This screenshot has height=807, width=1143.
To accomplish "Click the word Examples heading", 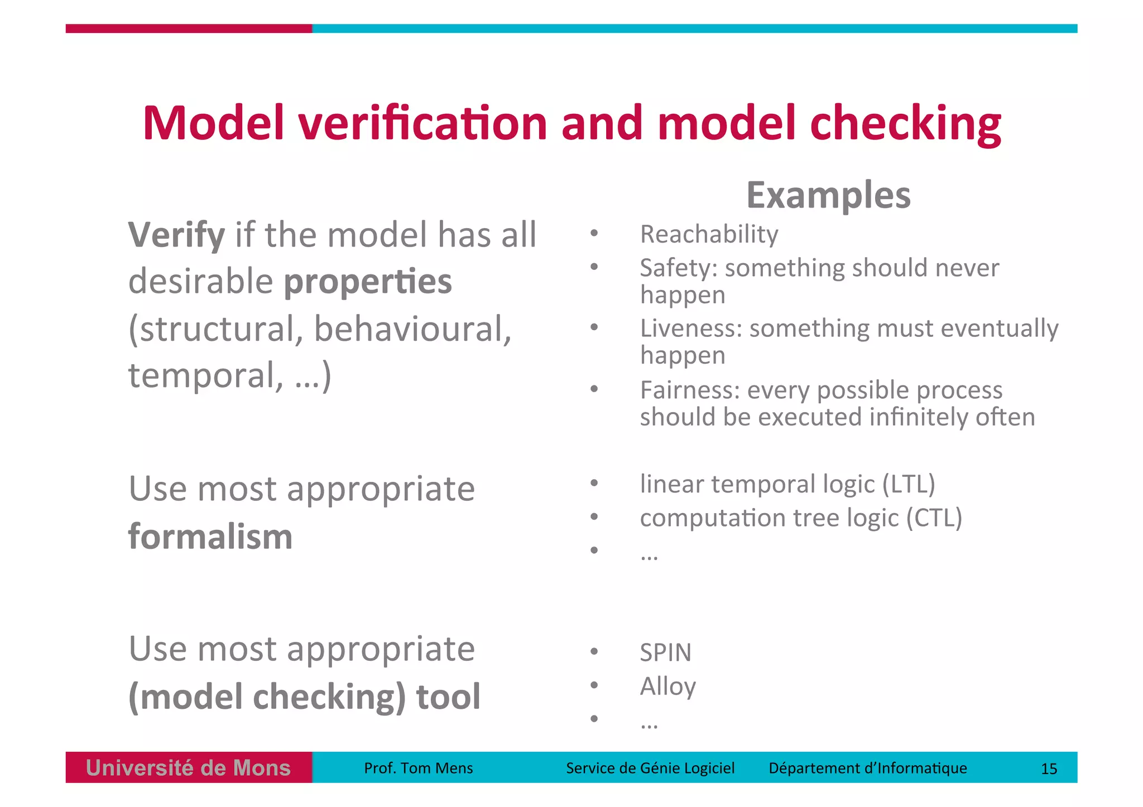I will [x=828, y=195].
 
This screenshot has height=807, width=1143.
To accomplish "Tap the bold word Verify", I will [x=176, y=235].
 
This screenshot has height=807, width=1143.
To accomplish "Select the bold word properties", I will [x=368, y=282].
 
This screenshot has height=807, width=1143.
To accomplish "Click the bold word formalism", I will [x=210, y=537].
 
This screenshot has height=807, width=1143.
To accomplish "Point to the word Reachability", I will [x=709, y=234].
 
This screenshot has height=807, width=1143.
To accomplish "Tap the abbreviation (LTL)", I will [x=908, y=484].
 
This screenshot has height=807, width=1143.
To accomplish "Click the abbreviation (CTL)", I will [x=934, y=518].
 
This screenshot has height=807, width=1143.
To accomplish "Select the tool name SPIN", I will [x=665, y=653].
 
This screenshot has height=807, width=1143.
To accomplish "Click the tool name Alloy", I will [x=667, y=687].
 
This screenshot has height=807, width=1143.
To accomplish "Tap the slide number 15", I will [x=1049, y=769].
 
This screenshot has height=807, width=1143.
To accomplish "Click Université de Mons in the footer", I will [x=189, y=768].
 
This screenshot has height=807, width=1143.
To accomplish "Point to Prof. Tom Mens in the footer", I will [x=418, y=768].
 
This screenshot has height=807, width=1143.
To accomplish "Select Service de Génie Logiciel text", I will [x=650, y=768].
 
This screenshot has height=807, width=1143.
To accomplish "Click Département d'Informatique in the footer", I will [x=867, y=768].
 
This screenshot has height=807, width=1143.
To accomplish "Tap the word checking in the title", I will [x=905, y=124].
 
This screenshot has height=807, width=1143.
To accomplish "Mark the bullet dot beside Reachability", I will [x=594, y=233].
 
